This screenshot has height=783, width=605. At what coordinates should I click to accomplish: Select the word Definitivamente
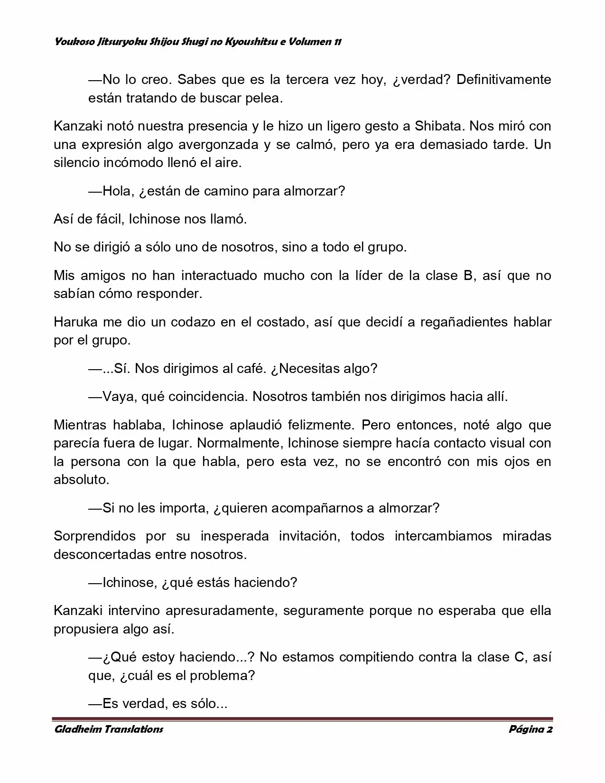pyautogui.click(x=503, y=79)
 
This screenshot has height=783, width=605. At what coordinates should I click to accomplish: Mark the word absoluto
pyautogui.click(x=81, y=479)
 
